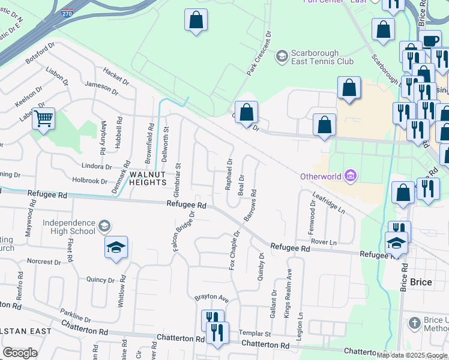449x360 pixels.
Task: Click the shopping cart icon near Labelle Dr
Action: tap(43, 118)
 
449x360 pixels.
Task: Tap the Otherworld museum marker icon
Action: tap(352, 176)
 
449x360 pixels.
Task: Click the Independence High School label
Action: tap(69, 227)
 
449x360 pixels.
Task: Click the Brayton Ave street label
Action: tap(211, 298)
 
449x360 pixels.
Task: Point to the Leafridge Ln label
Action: tap(329, 203)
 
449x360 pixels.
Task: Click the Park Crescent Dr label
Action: tap(259, 54)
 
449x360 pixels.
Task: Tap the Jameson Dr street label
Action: tap(101, 87)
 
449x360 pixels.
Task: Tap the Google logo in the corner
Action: tap(20, 353)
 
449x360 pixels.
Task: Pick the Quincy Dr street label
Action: tap(100, 280)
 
